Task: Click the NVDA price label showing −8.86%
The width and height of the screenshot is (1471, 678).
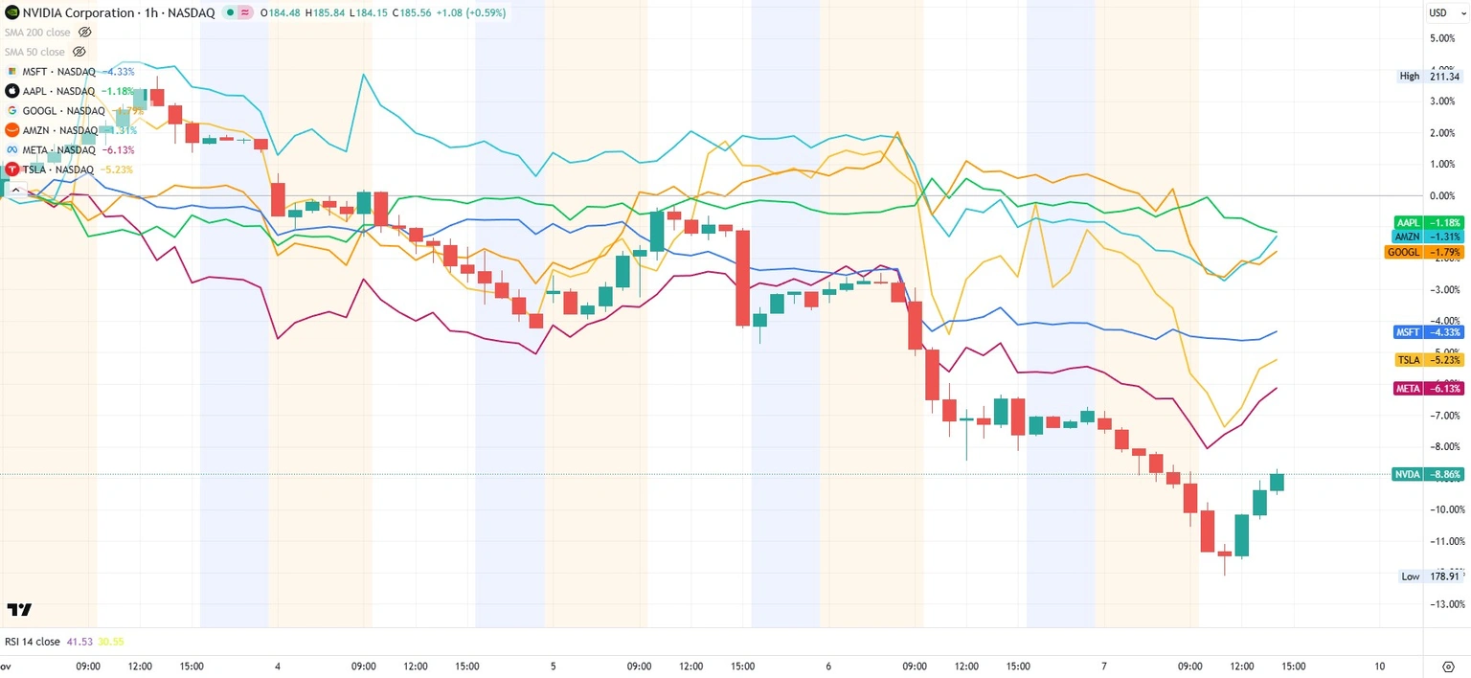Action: (x=1428, y=474)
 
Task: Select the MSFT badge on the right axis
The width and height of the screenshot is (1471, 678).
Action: (x=1428, y=332)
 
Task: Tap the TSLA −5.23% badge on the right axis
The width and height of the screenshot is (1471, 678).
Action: (x=1428, y=360)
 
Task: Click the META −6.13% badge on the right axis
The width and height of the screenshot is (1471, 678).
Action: (x=1428, y=389)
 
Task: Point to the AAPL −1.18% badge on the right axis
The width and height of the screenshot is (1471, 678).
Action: (x=1428, y=222)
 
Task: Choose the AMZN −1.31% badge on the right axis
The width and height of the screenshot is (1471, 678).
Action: (x=1428, y=237)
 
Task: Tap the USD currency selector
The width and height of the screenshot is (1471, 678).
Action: (x=1441, y=12)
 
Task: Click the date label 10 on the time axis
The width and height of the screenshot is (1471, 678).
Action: (x=1380, y=667)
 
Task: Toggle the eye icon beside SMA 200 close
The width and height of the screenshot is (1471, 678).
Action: (x=84, y=33)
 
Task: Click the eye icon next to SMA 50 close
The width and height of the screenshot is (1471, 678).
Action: (x=79, y=52)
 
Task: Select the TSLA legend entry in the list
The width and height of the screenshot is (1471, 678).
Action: (x=57, y=169)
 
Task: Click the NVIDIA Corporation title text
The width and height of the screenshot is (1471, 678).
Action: (x=78, y=12)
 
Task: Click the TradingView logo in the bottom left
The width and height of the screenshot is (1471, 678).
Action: (x=19, y=610)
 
